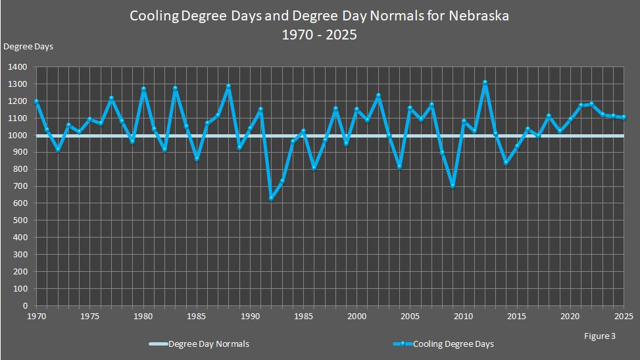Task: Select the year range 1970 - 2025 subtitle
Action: coord(320,35)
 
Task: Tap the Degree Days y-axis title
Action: coord(28,46)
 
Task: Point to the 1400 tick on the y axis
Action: coord(18,67)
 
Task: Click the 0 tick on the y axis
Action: coord(24,306)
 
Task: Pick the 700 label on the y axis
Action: coord(20,186)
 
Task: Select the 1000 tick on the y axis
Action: coord(18,136)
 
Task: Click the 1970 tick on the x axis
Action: coord(36,317)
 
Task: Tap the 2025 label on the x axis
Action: coord(624,317)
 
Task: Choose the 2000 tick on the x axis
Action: coord(357,317)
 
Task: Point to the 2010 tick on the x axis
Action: coord(463,317)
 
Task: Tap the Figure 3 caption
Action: coord(599,336)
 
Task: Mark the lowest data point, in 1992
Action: coord(271,198)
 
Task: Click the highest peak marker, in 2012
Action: coord(485,83)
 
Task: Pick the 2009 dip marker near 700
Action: coord(453,186)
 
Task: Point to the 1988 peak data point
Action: coord(228,86)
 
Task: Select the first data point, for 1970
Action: coord(36,101)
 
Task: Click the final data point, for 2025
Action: coord(624,117)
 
